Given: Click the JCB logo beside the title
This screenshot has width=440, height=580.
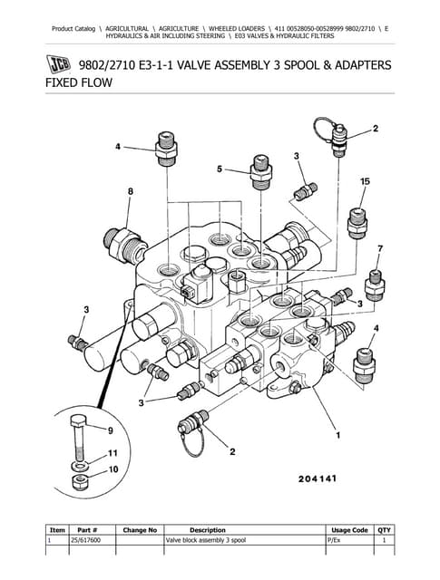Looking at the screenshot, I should (x=60, y=65).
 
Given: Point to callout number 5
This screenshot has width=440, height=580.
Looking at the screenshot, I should (x=219, y=169).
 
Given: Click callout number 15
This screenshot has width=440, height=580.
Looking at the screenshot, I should (x=365, y=181).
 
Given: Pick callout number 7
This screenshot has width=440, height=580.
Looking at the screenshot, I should (x=380, y=247).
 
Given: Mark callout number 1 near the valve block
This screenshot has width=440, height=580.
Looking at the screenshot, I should (x=339, y=436).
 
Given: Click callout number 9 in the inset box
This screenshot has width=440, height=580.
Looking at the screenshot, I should (x=112, y=430).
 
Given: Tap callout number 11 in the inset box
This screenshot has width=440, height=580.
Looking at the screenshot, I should (x=112, y=452).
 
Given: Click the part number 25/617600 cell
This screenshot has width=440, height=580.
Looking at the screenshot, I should (x=87, y=539).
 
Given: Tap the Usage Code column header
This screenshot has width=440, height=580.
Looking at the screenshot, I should (x=349, y=529).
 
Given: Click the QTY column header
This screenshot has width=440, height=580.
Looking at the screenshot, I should (x=385, y=529).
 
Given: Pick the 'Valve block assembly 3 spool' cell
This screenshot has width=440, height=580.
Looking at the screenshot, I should (x=205, y=539).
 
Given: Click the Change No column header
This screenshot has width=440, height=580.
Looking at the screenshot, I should (x=140, y=529).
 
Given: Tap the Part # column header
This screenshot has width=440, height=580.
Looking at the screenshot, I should (x=87, y=529).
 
